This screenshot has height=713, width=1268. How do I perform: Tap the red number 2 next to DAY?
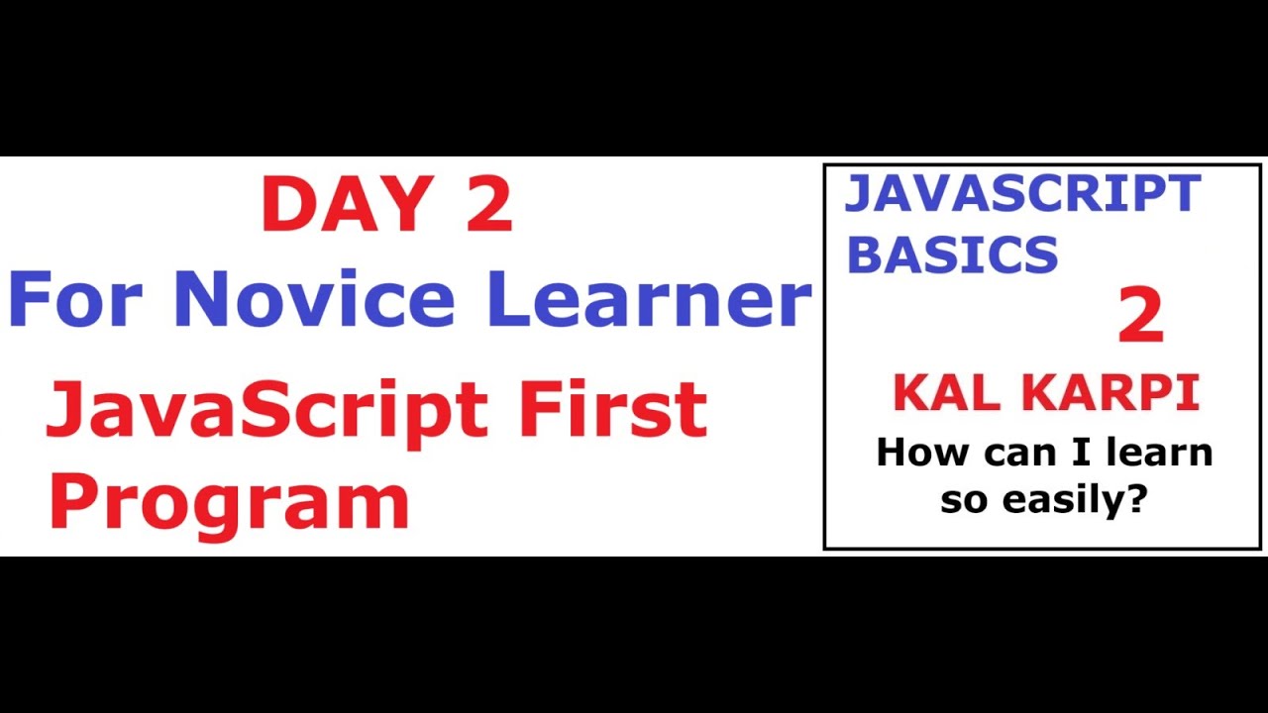[486, 204]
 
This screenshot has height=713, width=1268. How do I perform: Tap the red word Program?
[229, 502]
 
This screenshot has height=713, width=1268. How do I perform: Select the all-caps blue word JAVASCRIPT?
[1021, 194]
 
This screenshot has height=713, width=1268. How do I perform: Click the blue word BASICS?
[952, 255]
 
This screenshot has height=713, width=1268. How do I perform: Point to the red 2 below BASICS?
[1140, 317]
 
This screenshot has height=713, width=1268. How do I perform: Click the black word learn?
[1159, 454]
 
